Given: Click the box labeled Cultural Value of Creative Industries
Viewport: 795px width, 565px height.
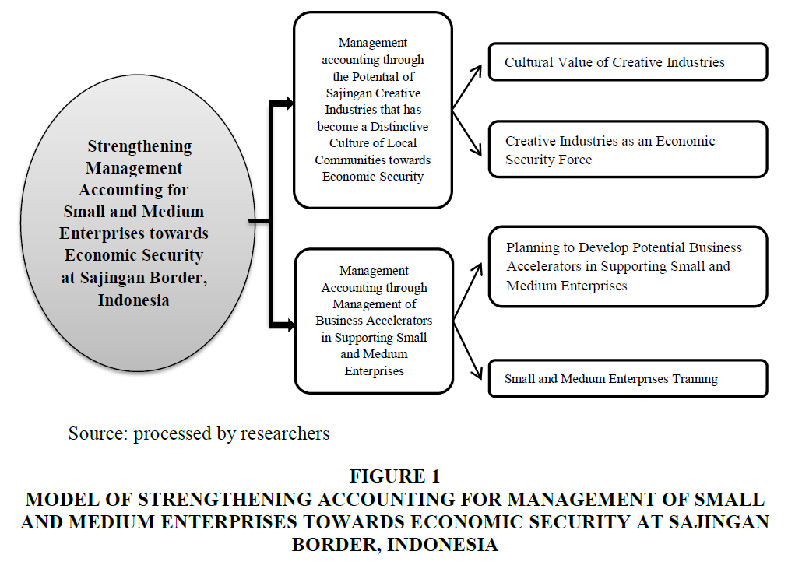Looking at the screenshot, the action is pos(628,61).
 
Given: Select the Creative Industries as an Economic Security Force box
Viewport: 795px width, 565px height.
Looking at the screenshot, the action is pos(628,149).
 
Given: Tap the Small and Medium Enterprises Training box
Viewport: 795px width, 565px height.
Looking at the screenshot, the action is pos(628,378).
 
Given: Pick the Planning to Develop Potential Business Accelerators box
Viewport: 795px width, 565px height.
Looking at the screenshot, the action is pos(628,266).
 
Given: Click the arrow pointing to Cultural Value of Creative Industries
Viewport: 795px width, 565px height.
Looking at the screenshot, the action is pos(467,87).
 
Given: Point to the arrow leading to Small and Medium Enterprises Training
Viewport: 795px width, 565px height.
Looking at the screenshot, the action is pos(467,350).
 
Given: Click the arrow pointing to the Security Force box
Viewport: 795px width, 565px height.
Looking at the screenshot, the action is pos(466,133).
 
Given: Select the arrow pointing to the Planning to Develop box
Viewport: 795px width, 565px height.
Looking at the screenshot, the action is pos(467,291).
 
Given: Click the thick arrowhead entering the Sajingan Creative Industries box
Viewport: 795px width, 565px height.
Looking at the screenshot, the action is pos(289,104).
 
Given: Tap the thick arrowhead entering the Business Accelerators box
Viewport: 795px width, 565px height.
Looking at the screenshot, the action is pos(290,325).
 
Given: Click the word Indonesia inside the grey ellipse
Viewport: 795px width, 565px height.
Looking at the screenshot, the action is pos(133,300).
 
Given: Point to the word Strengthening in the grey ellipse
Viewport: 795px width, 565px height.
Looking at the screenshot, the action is pos(139,146).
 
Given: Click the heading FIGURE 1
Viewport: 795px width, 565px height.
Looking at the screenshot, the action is pos(395,476).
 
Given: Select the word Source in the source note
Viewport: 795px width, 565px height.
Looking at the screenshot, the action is pos(97,433).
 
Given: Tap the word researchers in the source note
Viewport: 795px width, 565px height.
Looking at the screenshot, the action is pos(285,433).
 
